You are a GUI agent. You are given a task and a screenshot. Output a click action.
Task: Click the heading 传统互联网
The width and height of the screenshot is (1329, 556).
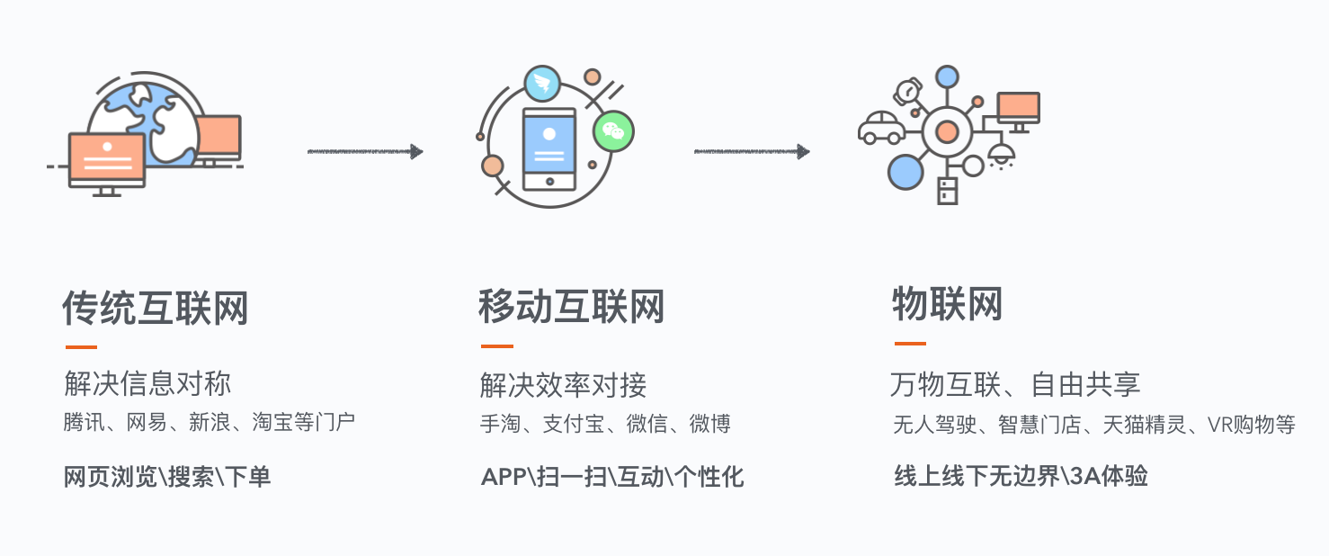[x=155, y=309]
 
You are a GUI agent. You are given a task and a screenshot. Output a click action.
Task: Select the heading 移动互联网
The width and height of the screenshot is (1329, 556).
[x=571, y=307]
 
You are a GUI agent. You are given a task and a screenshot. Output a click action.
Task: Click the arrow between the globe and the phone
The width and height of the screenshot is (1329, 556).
[x=364, y=151]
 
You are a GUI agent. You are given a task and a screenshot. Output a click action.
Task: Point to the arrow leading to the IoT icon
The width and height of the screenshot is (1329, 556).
[x=751, y=151]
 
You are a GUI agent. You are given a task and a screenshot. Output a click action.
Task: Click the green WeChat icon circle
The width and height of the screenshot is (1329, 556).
[x=613, y=131]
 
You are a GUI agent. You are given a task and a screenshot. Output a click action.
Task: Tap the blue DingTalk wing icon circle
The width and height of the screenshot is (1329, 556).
[x=542, y=85]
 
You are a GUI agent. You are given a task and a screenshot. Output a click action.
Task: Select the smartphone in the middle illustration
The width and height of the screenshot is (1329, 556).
[x=549, y=148]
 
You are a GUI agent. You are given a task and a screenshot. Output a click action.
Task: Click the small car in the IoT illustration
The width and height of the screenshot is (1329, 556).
[x=881, y=128]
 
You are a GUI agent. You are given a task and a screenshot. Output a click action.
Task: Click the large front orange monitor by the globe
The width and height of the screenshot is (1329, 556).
[x=107, y=158]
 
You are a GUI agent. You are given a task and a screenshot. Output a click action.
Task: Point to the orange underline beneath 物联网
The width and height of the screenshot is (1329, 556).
[x=910, y=344]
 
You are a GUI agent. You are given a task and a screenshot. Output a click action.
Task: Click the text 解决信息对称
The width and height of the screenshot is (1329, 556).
[x=147, y=383]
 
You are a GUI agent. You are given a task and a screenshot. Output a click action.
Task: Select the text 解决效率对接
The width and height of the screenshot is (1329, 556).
[x=563, y=386]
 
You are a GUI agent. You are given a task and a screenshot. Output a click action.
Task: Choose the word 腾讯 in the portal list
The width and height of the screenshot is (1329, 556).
[x=84, y=422]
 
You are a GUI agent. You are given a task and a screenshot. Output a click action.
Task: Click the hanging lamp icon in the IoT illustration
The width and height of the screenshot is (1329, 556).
[x=1000, y=155]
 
